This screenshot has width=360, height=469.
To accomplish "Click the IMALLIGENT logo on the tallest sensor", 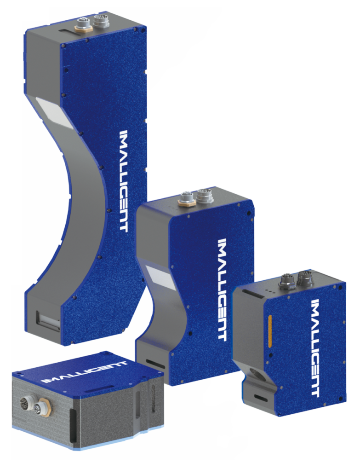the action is [x=124, y=181].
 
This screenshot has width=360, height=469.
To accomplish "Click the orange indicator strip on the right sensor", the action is [x=271, y=331].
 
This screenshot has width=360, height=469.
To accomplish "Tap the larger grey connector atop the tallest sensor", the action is [x=100, y=21].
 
